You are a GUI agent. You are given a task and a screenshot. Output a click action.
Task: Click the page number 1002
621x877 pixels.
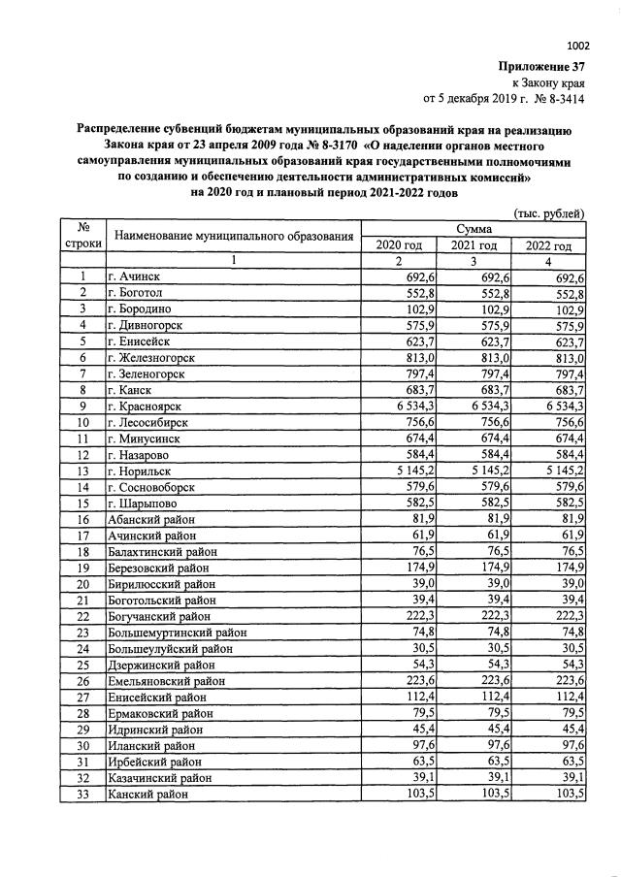(x=578, y=45)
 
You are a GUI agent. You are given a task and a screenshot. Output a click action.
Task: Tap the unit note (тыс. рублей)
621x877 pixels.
(x=548, y=213)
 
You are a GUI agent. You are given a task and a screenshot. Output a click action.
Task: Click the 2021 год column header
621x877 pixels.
(x=474, y=245)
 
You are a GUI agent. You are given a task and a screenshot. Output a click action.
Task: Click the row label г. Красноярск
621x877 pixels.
(x=147, y=406)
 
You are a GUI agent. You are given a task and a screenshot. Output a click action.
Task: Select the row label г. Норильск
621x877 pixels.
(x=143, y=471)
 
